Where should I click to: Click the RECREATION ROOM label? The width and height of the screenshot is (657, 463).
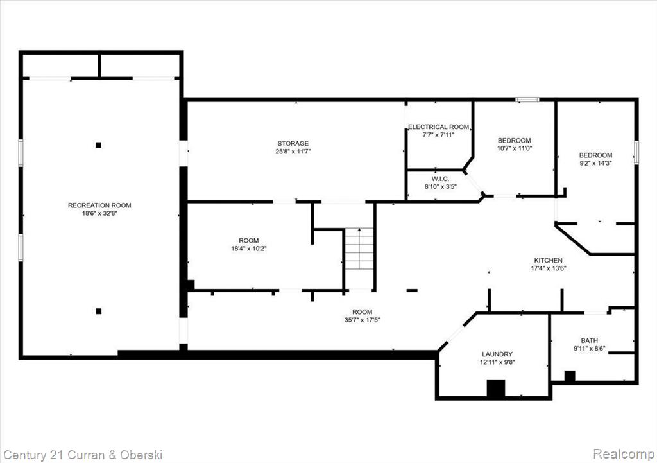click(99, 205)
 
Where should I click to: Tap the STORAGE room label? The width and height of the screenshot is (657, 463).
click(293, 143)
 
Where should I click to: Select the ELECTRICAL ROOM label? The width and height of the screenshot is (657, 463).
click(438, 127)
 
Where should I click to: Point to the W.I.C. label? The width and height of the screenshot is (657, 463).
click(440, 179)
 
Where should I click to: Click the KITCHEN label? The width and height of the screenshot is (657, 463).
click(548, 261)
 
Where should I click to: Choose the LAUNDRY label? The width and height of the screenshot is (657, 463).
click(497, 354)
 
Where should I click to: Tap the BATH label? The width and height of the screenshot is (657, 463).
click(589, 340)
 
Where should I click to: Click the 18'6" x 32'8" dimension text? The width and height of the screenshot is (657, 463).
click(99, 213)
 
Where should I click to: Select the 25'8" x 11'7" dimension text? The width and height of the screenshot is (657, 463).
click(293, 152)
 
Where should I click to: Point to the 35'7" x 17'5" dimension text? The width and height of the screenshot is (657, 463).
click(362, 320)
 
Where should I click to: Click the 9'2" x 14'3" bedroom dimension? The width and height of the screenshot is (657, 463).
click(595, 163)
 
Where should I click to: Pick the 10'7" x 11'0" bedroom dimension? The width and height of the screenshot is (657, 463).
click(514, 148)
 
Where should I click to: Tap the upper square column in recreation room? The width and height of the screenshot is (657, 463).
click(98, 145)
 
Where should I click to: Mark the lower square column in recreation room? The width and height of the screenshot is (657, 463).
click(98, 311)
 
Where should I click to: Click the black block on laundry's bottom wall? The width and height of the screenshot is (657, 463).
click(496, 388)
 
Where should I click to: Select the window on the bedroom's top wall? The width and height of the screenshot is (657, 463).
click(527, 100)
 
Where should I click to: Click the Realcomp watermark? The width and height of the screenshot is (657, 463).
click(623, 453)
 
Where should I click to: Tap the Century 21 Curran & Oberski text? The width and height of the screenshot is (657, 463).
click(83, 455)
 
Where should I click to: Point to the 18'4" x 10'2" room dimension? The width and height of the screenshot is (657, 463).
click(249, 249)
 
